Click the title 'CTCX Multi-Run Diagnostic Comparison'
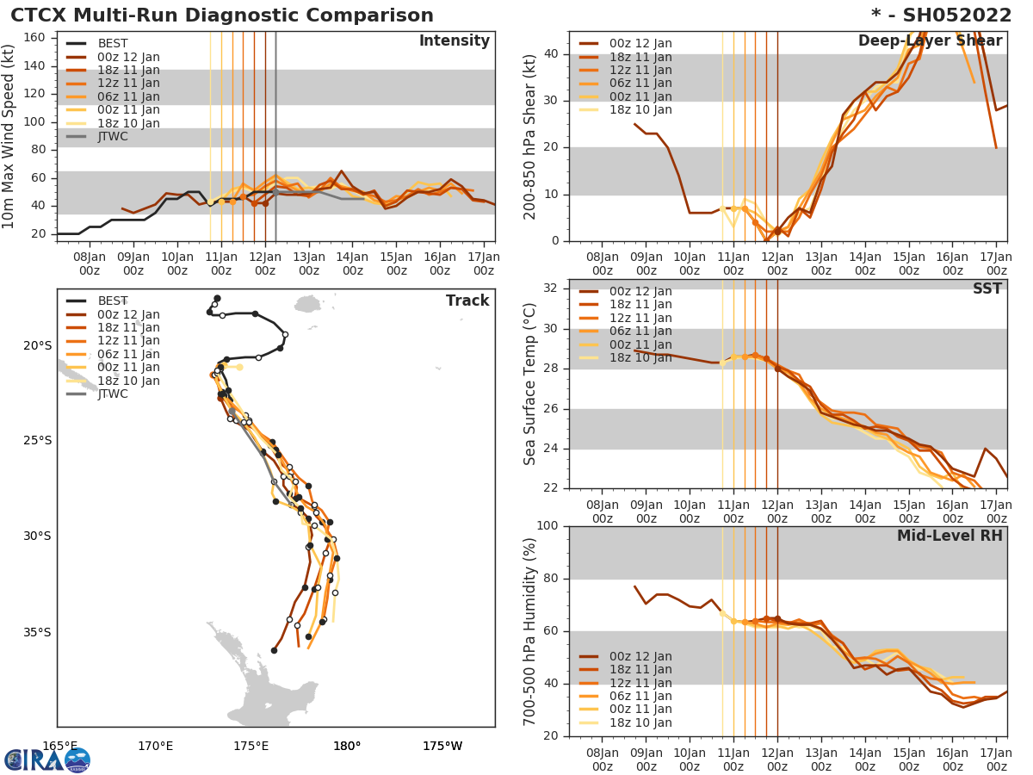pyautogui.click(x=222, y=15)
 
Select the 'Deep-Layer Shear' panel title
pyautogui.click(x=930, y=41)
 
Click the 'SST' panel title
pyautogui.click(x=987, y=289)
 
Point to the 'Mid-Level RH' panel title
pyautogui.click(x=949, y=536)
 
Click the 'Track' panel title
pyautogui.click(x=467, y=301)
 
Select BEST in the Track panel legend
pyautogui.click(x=113, y=301)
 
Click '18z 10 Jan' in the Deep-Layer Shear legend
pyautogui.click(x=640, y=109)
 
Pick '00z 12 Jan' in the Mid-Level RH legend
pyautogui.click(x=640, y=656)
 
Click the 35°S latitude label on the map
pyautogui.click(x=37, y=632)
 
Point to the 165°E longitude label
pyautogui.click(x=59, y=746)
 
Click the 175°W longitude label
pyautogui.click(x=442, y=746)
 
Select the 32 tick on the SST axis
pyautogui.click(x=552, y=288)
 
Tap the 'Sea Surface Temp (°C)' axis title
pyautogui.click(x=530, y=384)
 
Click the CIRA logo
pyautogui.click(x=46, y=759)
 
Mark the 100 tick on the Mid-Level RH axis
pyautogui.click(x=547, y=526)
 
